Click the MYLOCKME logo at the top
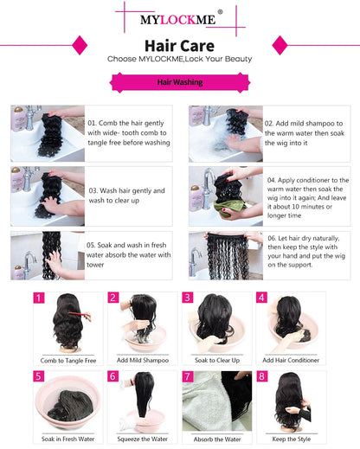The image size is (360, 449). (179, 17)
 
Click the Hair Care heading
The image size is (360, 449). (179, 42)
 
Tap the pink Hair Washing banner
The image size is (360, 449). (179, 82)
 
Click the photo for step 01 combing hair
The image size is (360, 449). (47, 133)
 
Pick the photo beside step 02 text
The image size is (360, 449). (225, 133)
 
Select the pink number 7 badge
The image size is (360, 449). (187, 376)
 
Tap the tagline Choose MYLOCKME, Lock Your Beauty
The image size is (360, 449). (179, 59)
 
